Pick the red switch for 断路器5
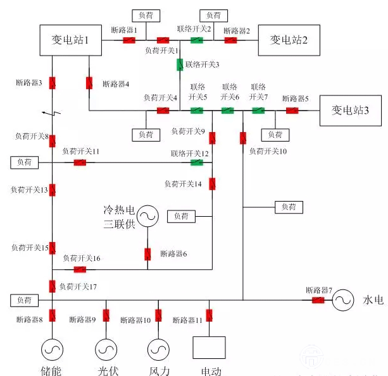tap(292, 111)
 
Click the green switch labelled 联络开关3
tap(179, 64)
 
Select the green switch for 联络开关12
tap(197, 162)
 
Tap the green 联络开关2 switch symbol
tap(197, 40)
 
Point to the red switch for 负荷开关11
tap(80, 162)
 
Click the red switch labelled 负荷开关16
tap(80, 269)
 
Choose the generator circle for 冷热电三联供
tap(147, 216)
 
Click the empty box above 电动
tap(208, 348)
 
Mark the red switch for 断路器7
tap(318, 300)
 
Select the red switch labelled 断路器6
tap(147, 254)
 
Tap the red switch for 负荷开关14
tap(212, 184)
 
